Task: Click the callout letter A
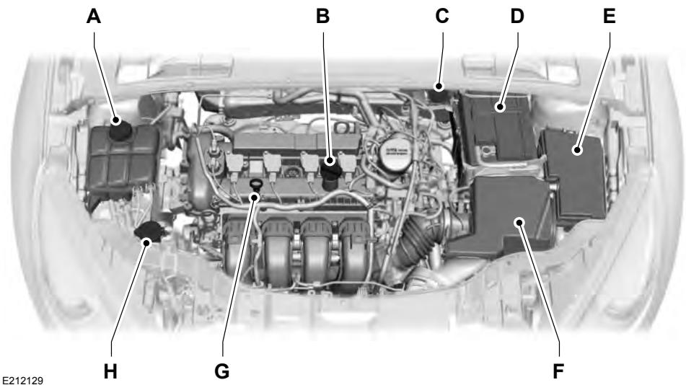pos(93,17)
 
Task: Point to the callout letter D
pos(517,17)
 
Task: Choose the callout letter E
pos(610,17)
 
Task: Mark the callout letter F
pos(558,371)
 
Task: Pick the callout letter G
pos(222,371)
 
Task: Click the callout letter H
pos(110,371)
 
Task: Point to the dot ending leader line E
pos(576,150)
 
